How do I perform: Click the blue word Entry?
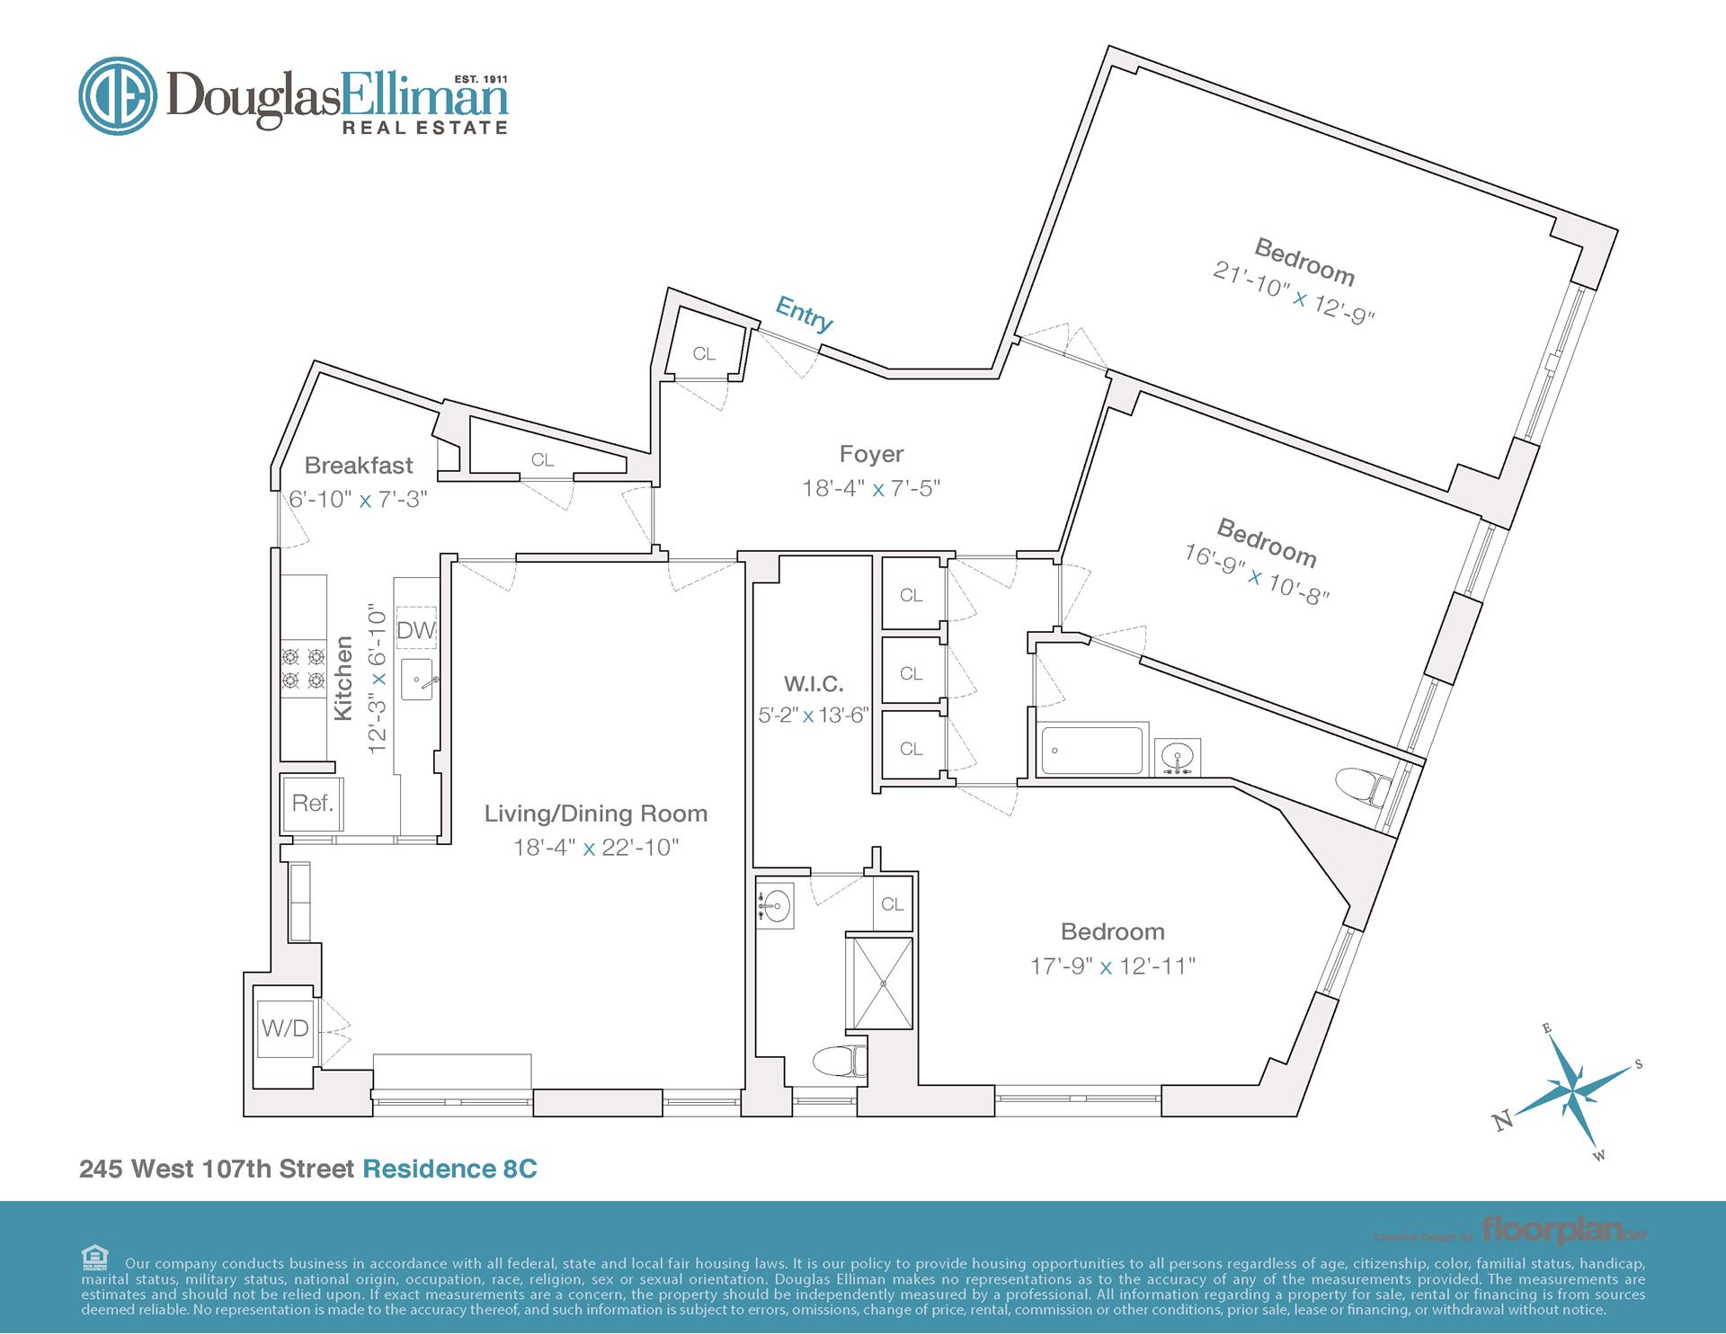click(x=805, y=315)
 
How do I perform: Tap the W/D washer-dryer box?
click(x=285, y=1028)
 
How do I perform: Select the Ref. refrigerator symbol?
click(x=312, y=803)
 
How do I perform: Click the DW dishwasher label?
click(x=415, y=630)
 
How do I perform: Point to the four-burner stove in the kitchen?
click(x=303, y=669)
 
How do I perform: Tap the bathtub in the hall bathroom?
click(x=1091, y=750)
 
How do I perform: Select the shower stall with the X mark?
click(x=882, y=983)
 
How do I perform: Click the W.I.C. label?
click(x=814, y=684)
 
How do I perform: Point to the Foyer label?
click(x=871, y=454)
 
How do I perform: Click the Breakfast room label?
click(x=359, y=466)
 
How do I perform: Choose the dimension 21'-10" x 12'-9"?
click(x=1294, y=293)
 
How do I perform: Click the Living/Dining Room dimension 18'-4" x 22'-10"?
click(x=596, y=848)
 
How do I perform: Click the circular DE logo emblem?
click(x=118, y=96)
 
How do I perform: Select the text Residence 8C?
click(x=449, y=1169)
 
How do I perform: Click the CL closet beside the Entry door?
click(x=704, y=353)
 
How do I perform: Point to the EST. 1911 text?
click(x=481, y=79)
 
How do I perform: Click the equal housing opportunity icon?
click(x=94, y=1257)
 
